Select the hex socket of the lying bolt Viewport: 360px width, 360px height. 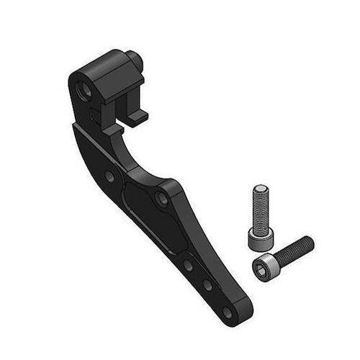pos(260,267)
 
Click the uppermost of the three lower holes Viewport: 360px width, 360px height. pos(188,264)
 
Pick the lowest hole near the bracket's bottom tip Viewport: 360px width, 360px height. pos(227,312)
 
